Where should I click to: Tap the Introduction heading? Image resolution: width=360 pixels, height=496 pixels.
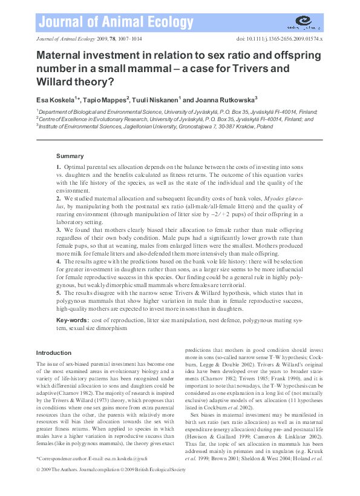(x=54, y=352)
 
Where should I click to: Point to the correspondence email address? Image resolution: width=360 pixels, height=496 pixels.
(x=126, y=461)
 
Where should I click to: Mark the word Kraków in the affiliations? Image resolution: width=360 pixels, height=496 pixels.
(x=224, y=127)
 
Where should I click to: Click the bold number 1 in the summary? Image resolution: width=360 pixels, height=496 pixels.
(x=58, y=166)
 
